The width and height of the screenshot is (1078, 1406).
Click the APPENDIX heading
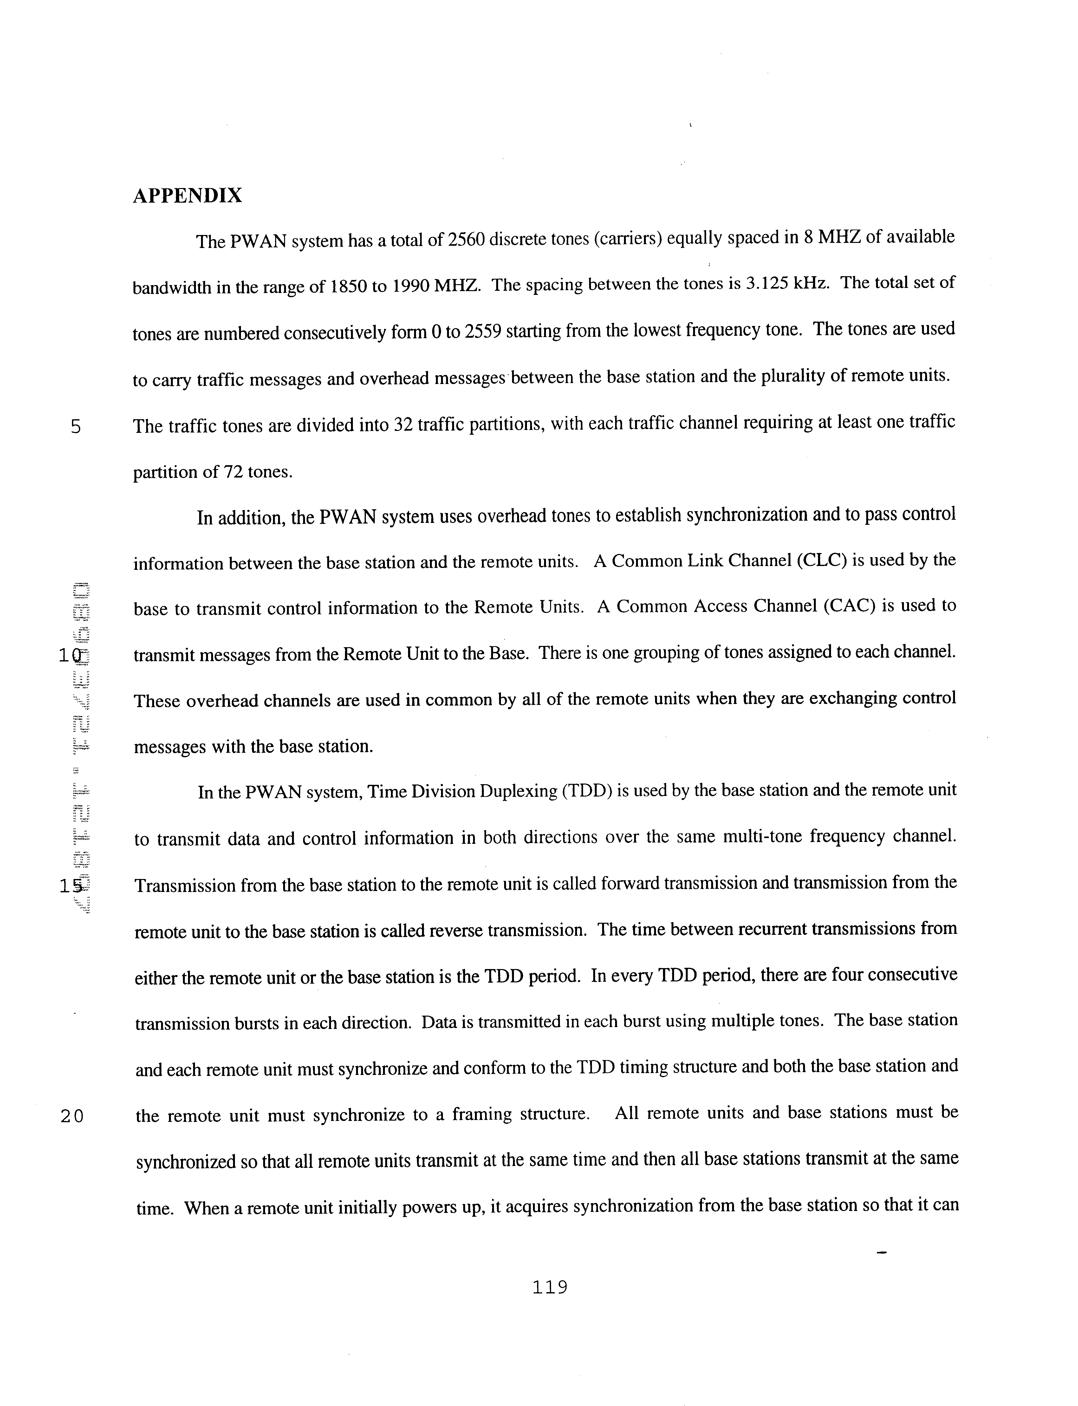coord(187,196)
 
